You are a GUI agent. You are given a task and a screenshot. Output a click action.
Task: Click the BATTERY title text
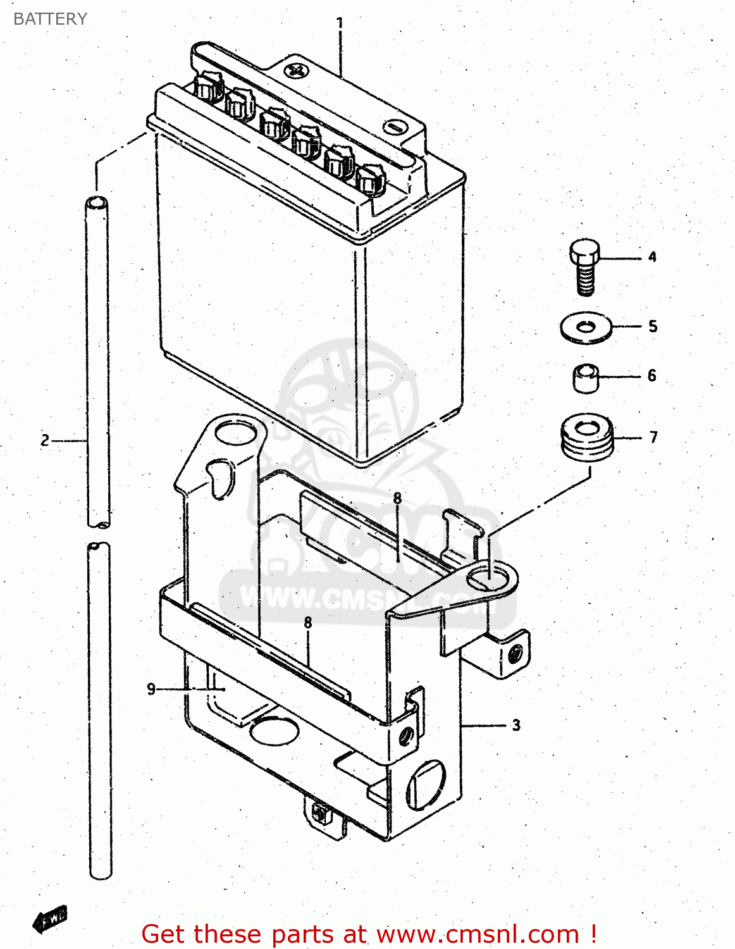[50, 19]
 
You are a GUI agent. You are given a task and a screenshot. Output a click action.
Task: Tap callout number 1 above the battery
[340, 23]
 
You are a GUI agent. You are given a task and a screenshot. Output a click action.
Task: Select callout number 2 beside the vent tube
[45, 440]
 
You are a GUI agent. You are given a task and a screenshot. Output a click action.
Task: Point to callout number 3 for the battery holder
[516, 725]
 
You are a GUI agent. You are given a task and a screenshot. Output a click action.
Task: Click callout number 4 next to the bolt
[652, 257]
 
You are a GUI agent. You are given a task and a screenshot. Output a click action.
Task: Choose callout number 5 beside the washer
[653, 326]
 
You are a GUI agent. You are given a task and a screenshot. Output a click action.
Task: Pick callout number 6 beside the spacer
[652, 376]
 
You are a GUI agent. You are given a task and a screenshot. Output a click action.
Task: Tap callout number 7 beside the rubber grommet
[653, 437]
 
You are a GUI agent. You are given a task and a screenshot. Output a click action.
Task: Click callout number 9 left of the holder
[151, 688]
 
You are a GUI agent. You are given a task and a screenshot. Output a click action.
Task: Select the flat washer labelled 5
[586, 327]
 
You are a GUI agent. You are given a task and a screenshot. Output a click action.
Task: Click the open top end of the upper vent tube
[96, 203]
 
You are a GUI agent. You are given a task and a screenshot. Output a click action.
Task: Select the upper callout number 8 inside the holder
[397, 499]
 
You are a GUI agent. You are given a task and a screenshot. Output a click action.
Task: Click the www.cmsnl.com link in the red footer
[478, 934]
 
